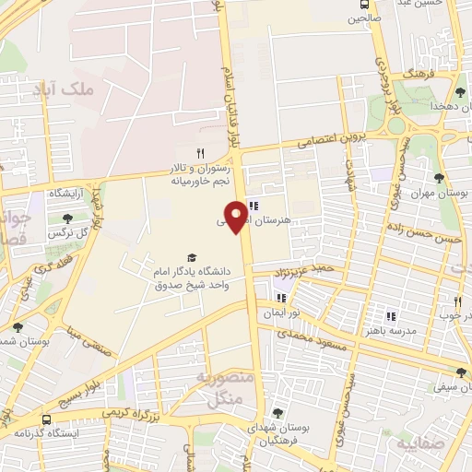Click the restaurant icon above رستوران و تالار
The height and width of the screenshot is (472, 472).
coord(199,153)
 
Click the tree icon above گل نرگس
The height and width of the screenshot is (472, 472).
coord(67,218)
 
